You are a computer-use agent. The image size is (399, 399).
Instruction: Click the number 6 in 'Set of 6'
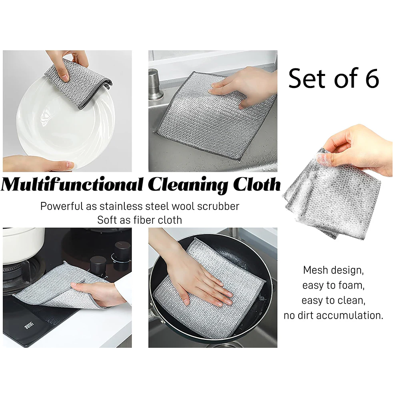coord(372,78)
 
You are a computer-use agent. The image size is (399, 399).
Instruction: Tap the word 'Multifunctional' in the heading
coord(72,184)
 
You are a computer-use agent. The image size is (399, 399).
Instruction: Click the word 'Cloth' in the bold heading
coord(257,184)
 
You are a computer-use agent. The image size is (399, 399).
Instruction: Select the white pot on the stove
coord(23,244)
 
